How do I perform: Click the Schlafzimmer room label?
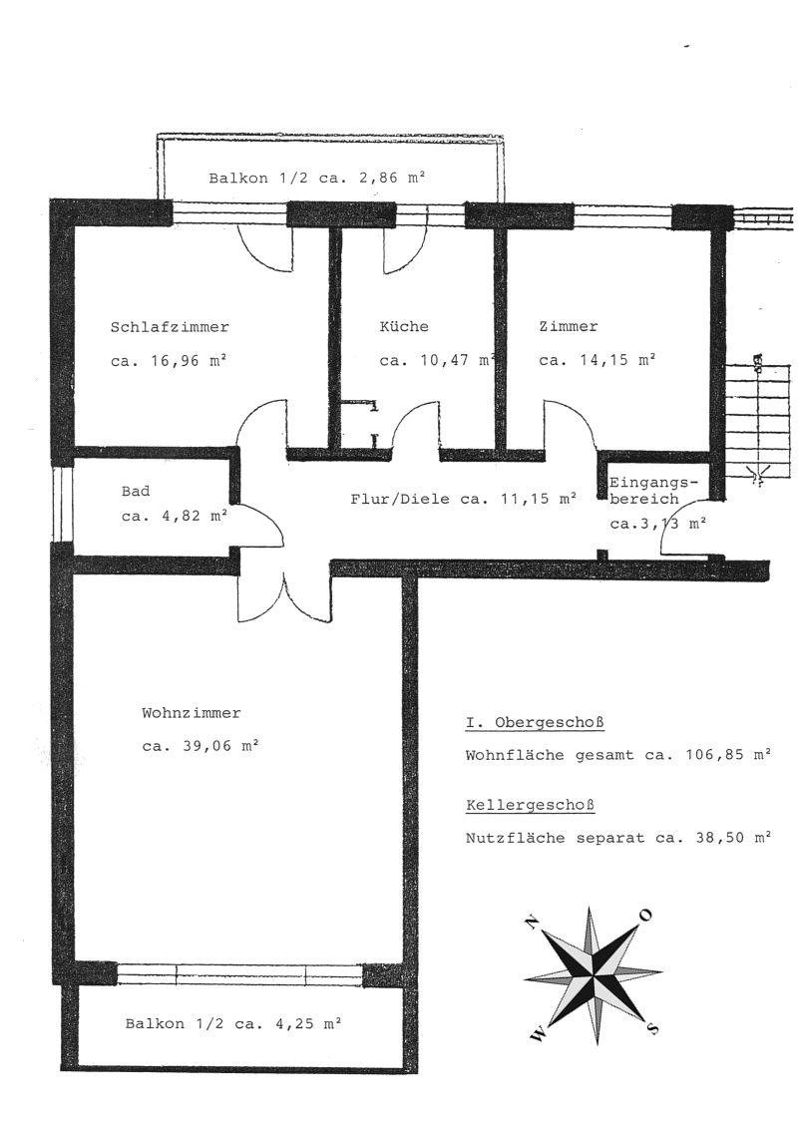click(170, 327)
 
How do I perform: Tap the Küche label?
click(404, 327)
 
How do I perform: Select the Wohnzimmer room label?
click(191, 713)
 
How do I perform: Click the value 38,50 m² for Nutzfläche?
click(726, 838)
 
